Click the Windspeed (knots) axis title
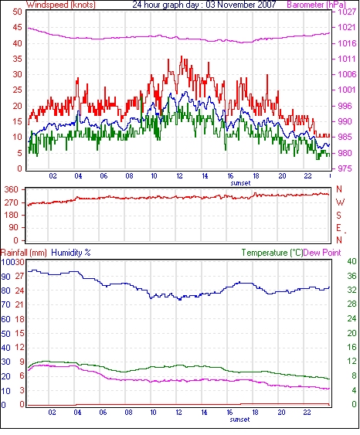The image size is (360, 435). point(61,5)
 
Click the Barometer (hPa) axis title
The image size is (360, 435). point(317,5)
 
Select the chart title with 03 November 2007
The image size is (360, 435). point(204,5)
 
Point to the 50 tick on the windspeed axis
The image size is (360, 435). point(17,12)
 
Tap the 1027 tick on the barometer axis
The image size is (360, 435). point(347,12)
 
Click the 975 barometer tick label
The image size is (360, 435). point(345,168)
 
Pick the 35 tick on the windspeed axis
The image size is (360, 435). point(17,59)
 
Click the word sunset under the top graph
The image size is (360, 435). point(240,183)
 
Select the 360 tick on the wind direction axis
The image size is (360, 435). point(12,190)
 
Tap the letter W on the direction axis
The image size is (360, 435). point(341,202)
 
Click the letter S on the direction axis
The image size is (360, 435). point(338,215)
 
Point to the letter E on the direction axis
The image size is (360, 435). point(338,228)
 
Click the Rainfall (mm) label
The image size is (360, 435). point(24,253)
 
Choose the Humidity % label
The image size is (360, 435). point(71,253)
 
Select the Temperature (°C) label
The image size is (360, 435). point(272,253)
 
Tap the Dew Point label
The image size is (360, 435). point(322,253)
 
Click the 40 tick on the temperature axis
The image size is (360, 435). point(352,261)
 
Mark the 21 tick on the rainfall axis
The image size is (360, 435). point(19,304)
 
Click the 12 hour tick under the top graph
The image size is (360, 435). point(180,176)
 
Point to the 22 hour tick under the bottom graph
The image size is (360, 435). point(307,413)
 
